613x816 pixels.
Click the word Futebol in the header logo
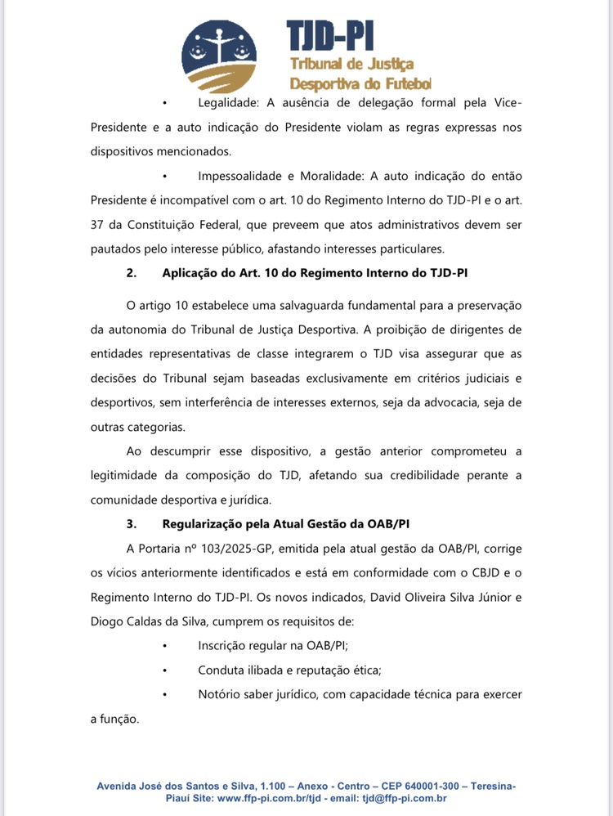(404, 83)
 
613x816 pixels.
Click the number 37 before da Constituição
(98, 225)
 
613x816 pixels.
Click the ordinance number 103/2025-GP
(249, 547)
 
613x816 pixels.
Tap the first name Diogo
(110, 621)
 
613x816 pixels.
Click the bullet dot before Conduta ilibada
(165, 670)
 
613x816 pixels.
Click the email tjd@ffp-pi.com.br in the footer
(405, 798)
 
